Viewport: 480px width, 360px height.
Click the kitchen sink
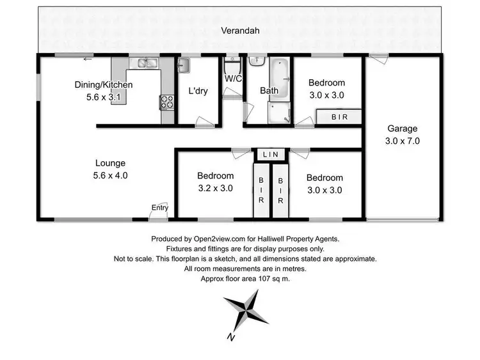[147, 63]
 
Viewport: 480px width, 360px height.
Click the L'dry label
[196, 90]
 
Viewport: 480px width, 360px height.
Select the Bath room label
[269, 91]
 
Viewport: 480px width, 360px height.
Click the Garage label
[402, 128]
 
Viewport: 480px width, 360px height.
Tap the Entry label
[159, 207]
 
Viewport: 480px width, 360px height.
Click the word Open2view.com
[216, 239]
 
